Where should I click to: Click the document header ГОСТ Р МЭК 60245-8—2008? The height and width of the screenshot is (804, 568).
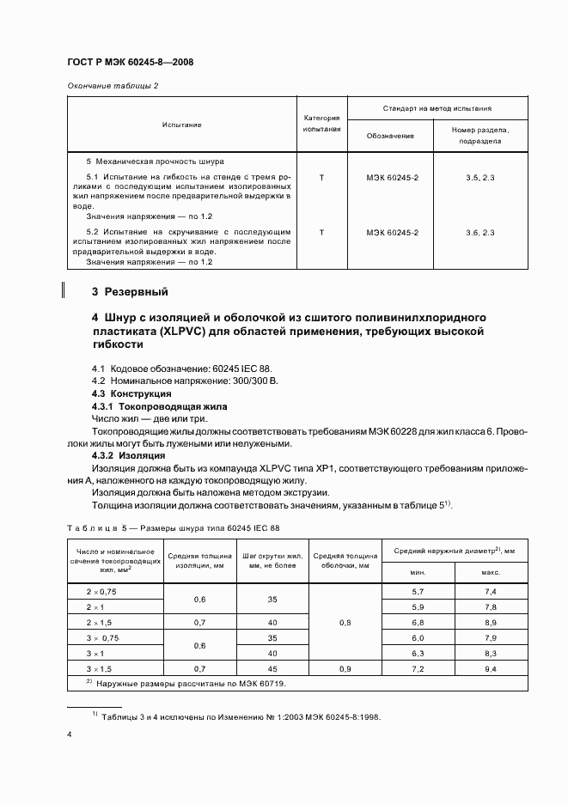[134, 64]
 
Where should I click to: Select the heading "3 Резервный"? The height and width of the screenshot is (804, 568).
[130, 290]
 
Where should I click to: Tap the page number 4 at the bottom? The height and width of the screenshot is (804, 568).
[69, 734]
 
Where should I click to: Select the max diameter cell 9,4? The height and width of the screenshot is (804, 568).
[491, 667]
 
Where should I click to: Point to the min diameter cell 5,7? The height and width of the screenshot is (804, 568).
[418, 592]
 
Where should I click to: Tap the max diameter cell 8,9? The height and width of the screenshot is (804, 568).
[491, 622]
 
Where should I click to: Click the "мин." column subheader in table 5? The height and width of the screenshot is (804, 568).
[418, 570]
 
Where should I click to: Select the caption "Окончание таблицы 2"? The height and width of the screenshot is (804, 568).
[112, 85]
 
